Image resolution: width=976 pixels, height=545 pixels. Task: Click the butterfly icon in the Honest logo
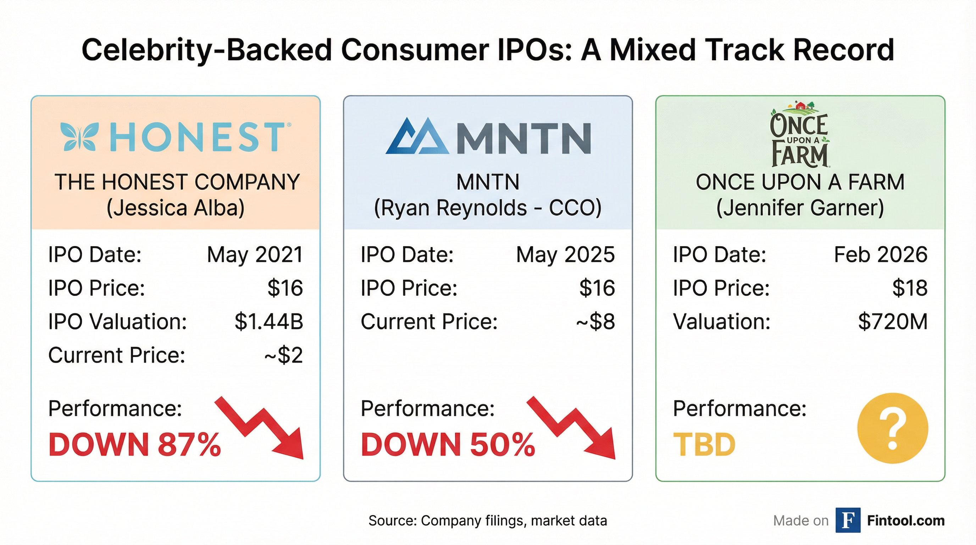click(79, 137)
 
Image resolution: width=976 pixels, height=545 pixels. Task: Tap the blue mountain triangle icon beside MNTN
click(417, 137)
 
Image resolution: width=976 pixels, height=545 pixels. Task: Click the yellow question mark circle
click(893, 428)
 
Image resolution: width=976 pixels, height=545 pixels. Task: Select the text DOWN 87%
click(134, 445)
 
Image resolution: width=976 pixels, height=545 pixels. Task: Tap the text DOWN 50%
click(448, 445)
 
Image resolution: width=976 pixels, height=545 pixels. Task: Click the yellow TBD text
click(704, 445)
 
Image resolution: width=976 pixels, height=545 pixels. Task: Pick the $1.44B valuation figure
click(268, 321)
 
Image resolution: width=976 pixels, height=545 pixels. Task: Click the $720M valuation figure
click(892, 321)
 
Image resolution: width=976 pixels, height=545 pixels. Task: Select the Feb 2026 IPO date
click(880, 254)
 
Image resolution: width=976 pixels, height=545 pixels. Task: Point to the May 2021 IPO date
click(255, 254)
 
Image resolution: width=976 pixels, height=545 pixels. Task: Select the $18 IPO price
click(909, 288)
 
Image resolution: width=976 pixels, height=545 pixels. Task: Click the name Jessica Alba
click(176, 208)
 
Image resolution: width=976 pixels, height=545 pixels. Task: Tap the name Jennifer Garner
click(800, 208)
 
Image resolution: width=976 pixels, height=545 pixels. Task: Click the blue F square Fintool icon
click(848, 521)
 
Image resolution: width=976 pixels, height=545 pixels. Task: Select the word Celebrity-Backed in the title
click(206, 50)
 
